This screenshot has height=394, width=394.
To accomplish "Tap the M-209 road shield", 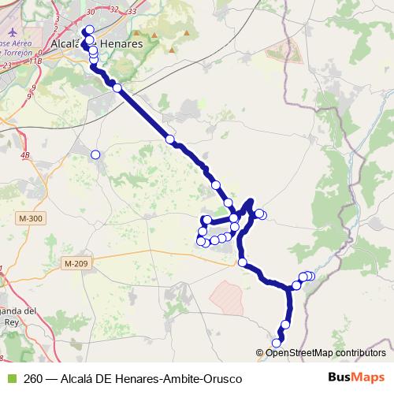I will point(77,263).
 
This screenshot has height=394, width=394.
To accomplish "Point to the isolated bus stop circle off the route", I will point(96,154).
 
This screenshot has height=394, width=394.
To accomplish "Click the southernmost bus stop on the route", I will point(277,342).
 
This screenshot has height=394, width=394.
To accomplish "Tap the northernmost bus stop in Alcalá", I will point(90,30).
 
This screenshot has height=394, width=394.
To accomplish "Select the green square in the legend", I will point(10,378).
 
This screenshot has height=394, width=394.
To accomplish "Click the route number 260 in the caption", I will point(33,378).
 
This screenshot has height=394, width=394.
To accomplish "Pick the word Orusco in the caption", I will point(221,378).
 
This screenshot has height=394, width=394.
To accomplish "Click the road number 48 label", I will point(26,156).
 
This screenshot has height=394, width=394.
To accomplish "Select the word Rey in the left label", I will point(10,322).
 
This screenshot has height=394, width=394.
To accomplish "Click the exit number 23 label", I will point(8,66).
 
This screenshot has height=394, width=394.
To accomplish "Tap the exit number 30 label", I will point(90,11).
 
